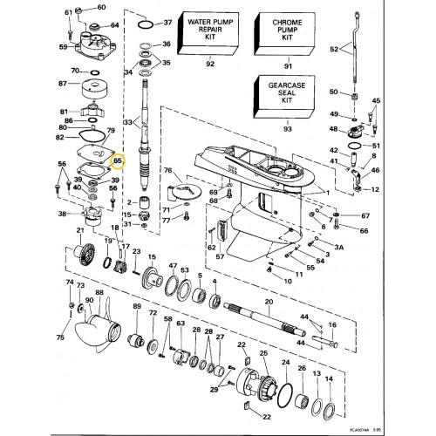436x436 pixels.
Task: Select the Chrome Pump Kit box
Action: (284, 34)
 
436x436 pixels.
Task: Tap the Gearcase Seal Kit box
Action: (284, 93)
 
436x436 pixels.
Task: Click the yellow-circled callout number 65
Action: (118, 160)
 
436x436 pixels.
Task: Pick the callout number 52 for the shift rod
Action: (332, 50)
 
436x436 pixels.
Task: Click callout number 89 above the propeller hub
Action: (137, 308)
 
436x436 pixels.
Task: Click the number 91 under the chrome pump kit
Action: (284, 63)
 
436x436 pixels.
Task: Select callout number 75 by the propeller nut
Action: (60, 337)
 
